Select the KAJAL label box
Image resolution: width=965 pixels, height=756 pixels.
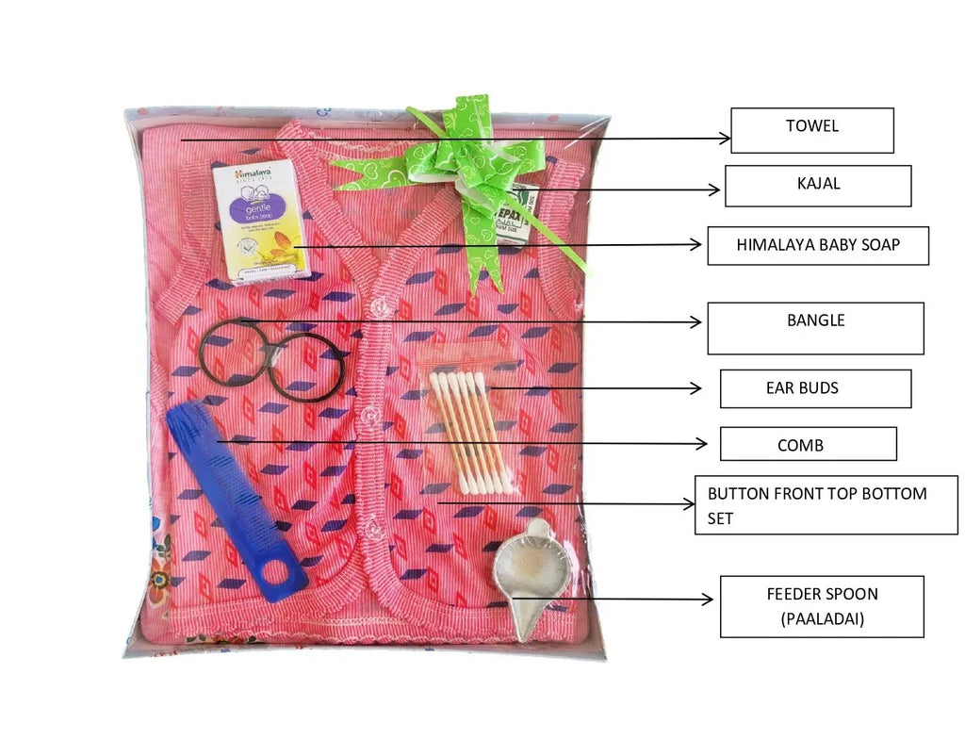tap(817, 186)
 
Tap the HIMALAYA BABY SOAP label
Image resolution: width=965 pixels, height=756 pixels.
tap(817, 245)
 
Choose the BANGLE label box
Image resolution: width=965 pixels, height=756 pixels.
tap(815, 328)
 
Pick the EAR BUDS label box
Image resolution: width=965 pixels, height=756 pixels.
tap(815, 388)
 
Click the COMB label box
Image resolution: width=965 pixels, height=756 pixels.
tap(808, 444)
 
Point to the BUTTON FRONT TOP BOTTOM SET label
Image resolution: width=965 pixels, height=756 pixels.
tap(826, 505)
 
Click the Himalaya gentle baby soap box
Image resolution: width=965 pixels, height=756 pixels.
tap(261, 221)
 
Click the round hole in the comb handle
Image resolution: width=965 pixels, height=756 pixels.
tap(282, 576)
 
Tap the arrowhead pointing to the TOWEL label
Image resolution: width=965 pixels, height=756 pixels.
tap(725, 139)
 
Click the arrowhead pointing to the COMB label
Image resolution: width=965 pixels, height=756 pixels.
tap(702, 442)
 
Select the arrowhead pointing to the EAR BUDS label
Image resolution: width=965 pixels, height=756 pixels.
tap(696, 387)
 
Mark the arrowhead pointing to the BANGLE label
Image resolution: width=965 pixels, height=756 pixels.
tap(696, 321)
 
